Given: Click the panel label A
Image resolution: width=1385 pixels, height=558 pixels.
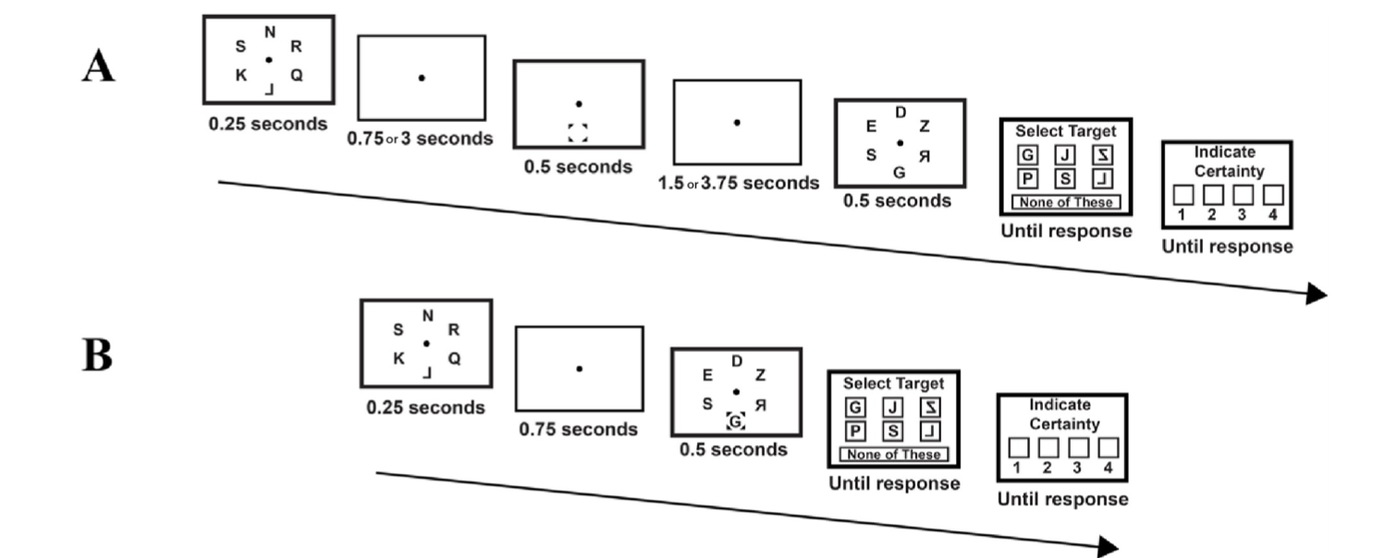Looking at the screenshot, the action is coord(98,67).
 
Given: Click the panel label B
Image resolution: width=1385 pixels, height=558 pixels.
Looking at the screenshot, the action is coord(98,355).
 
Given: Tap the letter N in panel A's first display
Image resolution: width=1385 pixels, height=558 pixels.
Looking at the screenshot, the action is coord(270,32).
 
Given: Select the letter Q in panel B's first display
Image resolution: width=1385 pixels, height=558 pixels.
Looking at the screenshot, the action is coord(455,358).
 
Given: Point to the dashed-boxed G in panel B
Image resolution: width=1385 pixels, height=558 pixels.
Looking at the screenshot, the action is coord(735,421).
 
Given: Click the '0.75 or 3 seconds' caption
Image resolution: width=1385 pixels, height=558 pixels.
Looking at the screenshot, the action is coord(420,139).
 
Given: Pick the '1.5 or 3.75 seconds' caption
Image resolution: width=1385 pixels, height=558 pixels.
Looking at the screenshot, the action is coord(738,183).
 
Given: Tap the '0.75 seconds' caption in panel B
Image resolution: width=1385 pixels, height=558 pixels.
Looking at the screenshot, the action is coord(578,429).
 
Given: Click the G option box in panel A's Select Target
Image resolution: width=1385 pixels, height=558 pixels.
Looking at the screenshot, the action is coord(1027,154).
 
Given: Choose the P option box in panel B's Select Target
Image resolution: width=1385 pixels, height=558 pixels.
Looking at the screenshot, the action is coord(856,431).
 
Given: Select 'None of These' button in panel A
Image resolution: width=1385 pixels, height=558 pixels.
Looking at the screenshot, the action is coord(1066,202).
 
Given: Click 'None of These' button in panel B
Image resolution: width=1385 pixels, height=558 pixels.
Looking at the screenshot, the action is coord(894,455).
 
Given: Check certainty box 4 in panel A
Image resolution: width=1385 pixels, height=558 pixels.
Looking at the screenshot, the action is coord(1273,195).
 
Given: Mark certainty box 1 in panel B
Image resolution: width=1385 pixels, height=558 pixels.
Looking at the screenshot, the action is coord(1019,447).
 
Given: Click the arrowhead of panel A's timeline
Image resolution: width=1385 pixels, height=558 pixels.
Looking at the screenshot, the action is coord(1317,294).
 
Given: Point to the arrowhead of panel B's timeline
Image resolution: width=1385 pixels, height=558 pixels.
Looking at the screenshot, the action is coord(1108,547).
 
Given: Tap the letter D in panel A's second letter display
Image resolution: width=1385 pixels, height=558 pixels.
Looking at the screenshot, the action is coord(901,113).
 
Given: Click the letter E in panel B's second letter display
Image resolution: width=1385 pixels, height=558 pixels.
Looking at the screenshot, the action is coord(707,375).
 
